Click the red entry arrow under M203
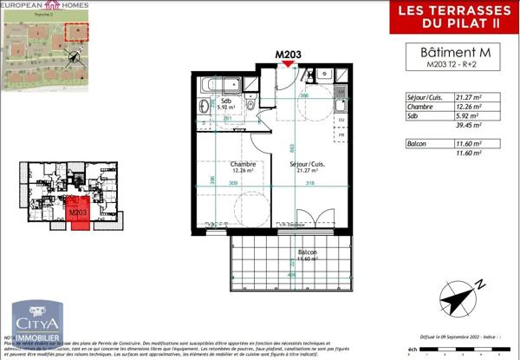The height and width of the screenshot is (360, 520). [x=288, y=65]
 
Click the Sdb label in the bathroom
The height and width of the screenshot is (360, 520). [x=227, y=101]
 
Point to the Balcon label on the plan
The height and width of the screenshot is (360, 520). [x=304, y=252]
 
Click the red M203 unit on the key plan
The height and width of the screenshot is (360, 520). [x=78, y=213]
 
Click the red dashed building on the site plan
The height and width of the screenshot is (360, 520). [x=79, y=33]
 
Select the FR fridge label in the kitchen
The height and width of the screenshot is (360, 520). [x=341, y=134]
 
